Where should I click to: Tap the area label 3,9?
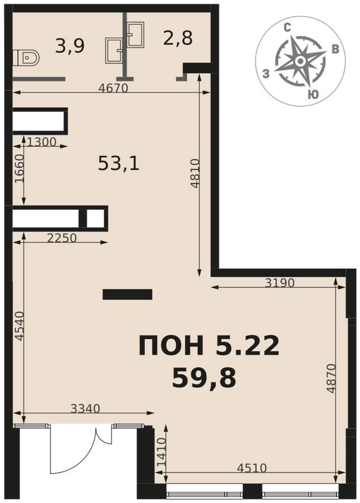pos(69,46)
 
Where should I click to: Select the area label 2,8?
pos(178,38)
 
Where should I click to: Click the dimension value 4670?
pos(113,88)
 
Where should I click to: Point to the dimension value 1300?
pos(42,141)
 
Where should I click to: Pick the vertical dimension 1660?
pos(20,169)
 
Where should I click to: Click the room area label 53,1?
pos(118,163)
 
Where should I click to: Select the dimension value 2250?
pos(61,238)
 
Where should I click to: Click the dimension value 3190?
pos(279,283)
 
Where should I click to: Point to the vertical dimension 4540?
pos(20,326)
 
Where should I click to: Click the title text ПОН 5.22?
pos(209,346)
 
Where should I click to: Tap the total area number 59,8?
pos(204,378)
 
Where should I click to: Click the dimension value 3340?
pos(85,408)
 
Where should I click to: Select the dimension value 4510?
pos(252,468)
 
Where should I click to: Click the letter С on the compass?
pos(287,28)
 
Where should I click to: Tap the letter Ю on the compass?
pos(313,95)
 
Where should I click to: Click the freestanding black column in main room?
pos(127,294)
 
